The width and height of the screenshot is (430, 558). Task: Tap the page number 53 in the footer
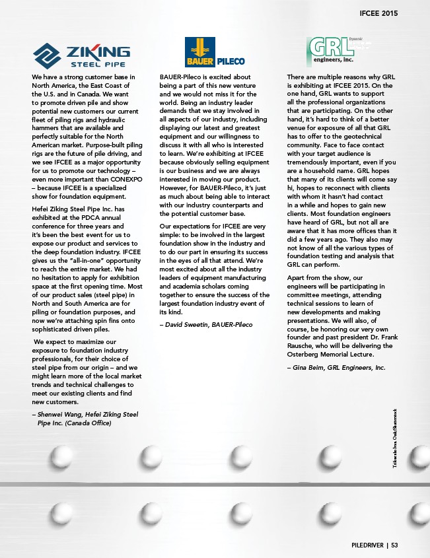395,545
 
